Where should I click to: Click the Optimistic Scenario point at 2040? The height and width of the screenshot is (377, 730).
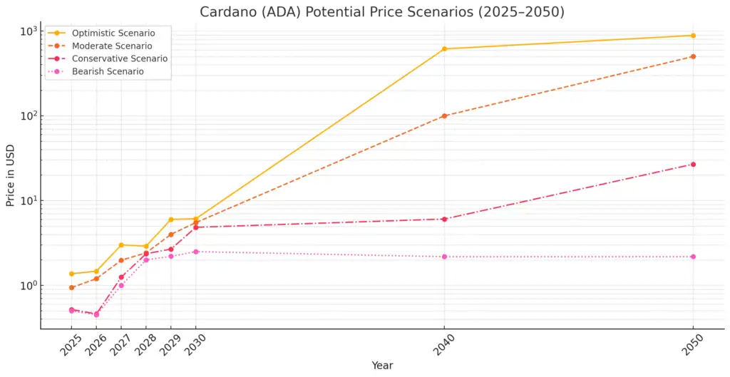(x=444, y=49)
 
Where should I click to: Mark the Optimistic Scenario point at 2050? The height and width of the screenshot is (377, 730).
(x=693, y=36)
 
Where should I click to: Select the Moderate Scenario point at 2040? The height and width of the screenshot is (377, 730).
(x=444, y=115)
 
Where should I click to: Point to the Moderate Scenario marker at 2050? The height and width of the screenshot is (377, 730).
(x=693, y=56)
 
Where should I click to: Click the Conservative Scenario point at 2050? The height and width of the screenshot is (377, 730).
(x=693, y=165)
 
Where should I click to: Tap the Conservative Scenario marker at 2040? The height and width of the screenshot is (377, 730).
(x=444, y=219)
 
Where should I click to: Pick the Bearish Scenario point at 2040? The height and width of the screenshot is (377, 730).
(x=444, y=257)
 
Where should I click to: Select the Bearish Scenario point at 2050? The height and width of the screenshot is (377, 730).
(x=693, y=257)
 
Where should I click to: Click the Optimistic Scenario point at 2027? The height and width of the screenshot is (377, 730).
(x=121, y=245)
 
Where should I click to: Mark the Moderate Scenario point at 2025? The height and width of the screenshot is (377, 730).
(x=72, y=288)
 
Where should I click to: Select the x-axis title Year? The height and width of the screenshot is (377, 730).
(x=382, y=366)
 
